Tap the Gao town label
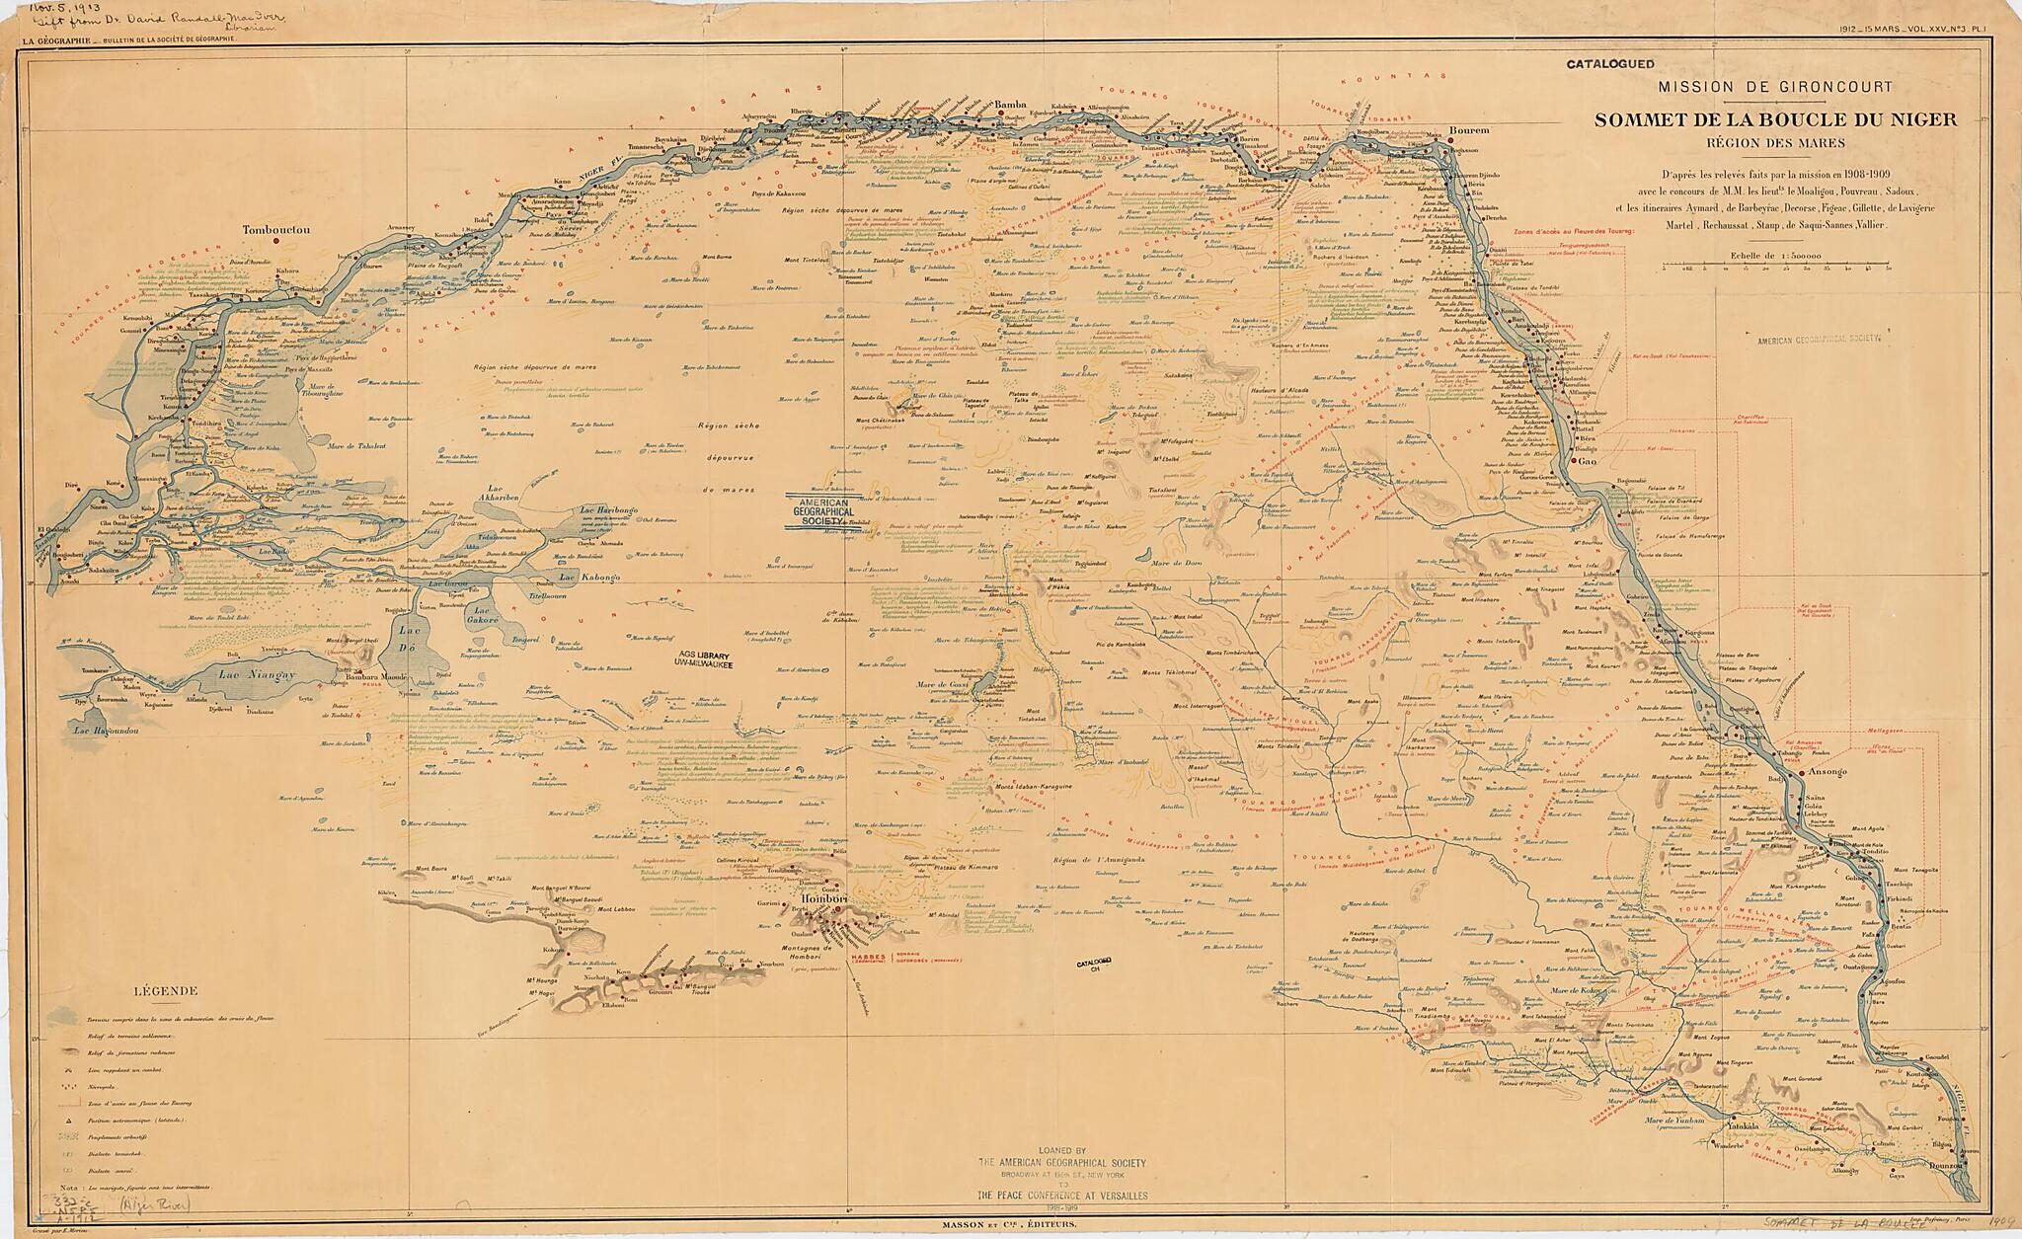point(1589,461)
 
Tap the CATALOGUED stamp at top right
point(1609,64)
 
